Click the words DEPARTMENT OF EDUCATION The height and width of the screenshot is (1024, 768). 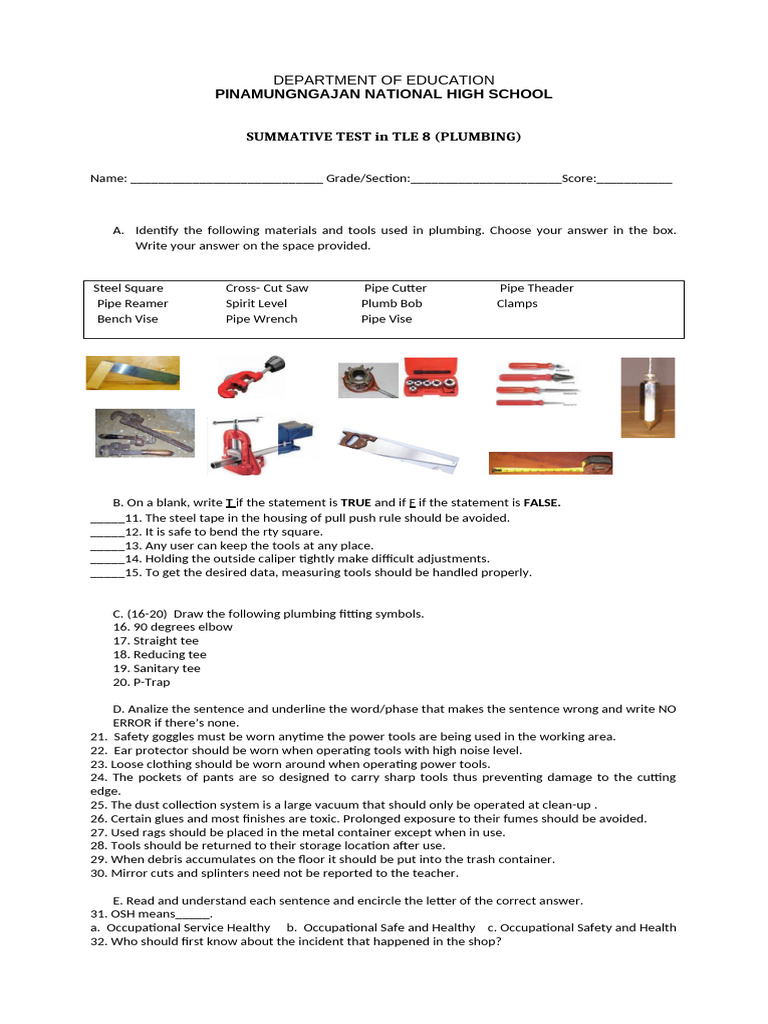tap(384, 80)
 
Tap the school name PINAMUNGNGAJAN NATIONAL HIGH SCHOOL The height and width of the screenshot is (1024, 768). tap(384, 94)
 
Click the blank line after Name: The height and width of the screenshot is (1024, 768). tap(226, 179)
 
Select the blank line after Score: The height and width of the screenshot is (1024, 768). tap(634, 179)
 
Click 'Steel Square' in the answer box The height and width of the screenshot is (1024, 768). tap(128, 288)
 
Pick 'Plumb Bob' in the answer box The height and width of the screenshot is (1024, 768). tap(391, 303)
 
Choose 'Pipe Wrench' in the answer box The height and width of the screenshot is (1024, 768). tap(261, 319)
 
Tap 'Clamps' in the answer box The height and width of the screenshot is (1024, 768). tap(517, 303)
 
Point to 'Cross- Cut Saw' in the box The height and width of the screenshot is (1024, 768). tap(267, 288)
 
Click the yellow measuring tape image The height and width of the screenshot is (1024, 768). tap(550, 463)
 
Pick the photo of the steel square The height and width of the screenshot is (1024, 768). tap(132, 374)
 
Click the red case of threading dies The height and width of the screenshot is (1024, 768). tap(432, 378)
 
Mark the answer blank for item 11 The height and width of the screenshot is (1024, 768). tap(106, 519)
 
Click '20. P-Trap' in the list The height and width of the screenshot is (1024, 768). tap(142, 682)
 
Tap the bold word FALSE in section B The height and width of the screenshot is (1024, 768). tap(541, 503)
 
